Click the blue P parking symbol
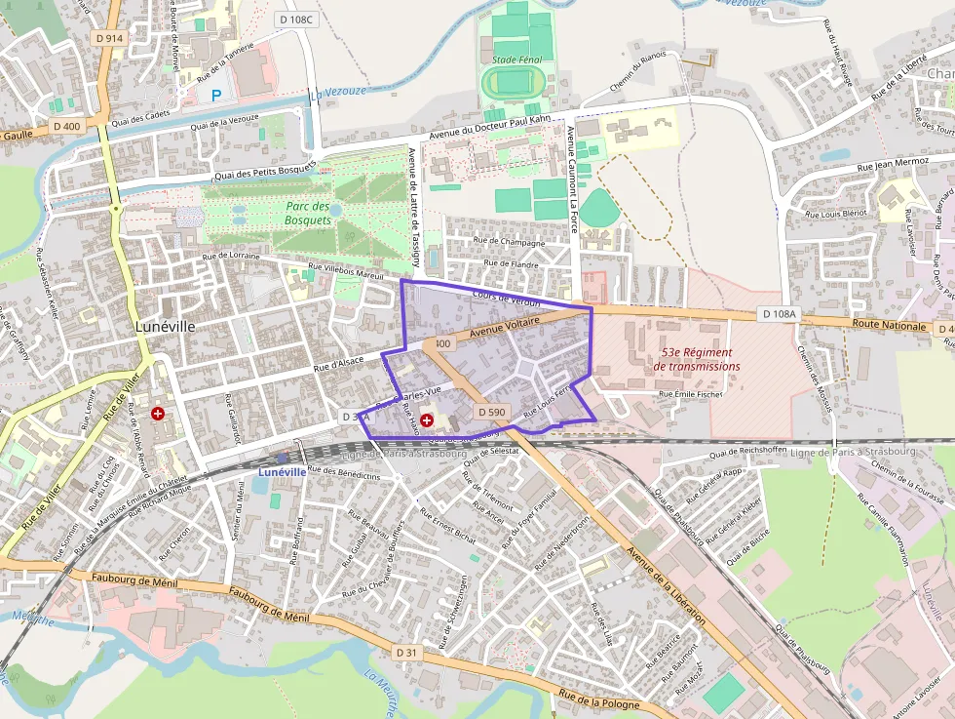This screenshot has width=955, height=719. coord(216,95)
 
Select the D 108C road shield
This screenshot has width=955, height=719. coord(296,19)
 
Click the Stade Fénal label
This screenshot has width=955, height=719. coord(516,60)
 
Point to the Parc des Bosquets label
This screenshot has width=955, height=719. coord(308,213)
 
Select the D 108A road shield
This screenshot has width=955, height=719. coord(778,315)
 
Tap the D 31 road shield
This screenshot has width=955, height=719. coord(407,651)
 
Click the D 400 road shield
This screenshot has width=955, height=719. coord(67,126)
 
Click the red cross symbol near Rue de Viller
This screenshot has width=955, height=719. coord(157,414)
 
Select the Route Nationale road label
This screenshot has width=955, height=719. coord(888,325)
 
